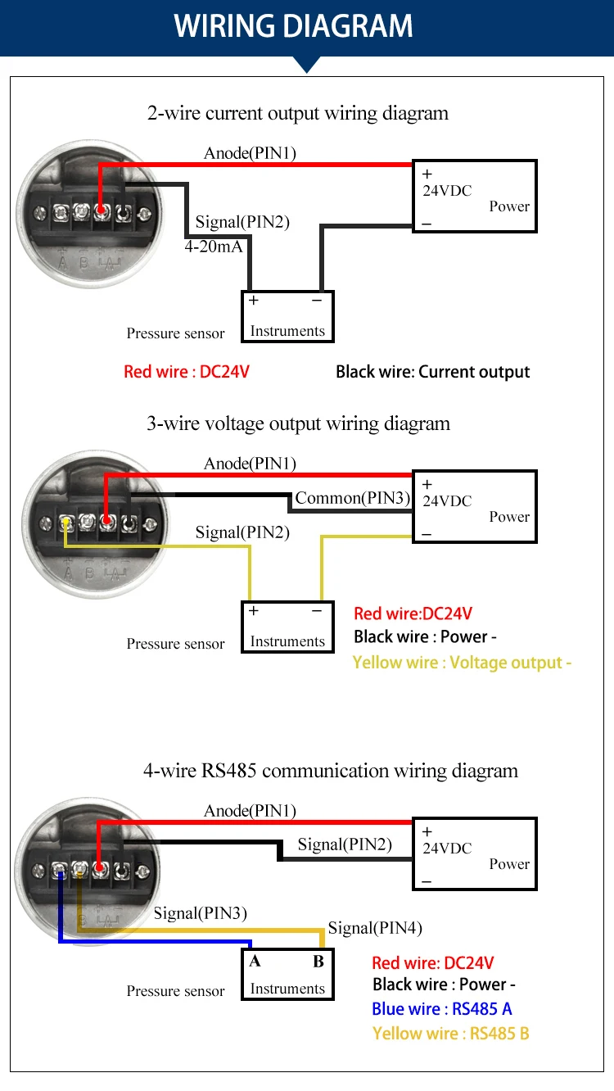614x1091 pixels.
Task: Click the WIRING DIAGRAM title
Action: point(294,26)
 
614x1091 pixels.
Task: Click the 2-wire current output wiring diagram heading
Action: point(298,113)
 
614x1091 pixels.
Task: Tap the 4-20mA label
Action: point(214,246)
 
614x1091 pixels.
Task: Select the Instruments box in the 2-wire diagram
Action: point(287,317)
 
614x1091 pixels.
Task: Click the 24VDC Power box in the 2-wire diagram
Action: point(475,196)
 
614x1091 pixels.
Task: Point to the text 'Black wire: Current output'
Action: point(432,372)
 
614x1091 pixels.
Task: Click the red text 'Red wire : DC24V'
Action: point(187,372)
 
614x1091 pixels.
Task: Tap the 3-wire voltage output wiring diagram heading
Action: point(298,423)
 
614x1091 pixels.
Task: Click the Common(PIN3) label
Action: point(352,498)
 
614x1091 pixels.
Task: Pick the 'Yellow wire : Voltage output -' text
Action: point(462,663)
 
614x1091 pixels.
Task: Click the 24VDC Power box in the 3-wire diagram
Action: point(475,506)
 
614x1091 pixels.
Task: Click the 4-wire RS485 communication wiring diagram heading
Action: point(331,771)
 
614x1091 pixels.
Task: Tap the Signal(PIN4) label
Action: point(375,928)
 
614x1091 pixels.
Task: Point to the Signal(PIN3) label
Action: point(201,913)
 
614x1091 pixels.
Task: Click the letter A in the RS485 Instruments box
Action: point(255,962)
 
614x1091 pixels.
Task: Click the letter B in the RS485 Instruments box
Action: point(318,962)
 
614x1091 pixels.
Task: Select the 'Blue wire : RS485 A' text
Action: point(441,1009)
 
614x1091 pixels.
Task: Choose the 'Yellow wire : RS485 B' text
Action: point(450,1034)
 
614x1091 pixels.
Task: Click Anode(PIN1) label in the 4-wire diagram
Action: point(250,811)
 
